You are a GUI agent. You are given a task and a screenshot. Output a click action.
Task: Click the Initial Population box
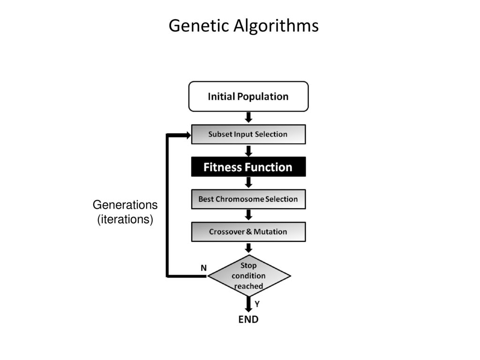point(248,97)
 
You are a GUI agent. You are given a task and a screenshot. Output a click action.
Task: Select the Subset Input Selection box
point(248,134)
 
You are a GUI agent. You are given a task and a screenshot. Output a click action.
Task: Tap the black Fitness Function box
point(248,167)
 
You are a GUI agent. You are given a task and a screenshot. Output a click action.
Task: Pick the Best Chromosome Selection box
point(248,199)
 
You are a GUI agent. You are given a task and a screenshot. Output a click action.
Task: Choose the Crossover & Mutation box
point(248,232)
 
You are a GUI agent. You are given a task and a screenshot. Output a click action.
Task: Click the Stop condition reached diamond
point(249,276)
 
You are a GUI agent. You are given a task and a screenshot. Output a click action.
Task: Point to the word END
point(248,319)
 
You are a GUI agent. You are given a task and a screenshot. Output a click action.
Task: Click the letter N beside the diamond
point(203,268)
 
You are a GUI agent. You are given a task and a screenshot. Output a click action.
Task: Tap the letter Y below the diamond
point(257,304)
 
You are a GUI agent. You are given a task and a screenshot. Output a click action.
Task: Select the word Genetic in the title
point(199,25)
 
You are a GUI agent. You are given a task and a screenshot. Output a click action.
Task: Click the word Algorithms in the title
point(276,25)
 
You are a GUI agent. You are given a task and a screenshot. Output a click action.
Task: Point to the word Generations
point(125,205)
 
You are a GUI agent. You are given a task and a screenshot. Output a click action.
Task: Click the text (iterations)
point(125,219)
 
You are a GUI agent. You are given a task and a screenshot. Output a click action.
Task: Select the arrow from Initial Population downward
point(248,117)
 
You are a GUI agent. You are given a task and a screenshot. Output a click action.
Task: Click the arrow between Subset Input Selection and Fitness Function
point(248,150)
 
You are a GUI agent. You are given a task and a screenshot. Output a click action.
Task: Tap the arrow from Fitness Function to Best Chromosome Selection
point(248,182)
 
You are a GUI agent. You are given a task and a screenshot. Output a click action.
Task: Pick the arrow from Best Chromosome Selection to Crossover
point(248,215)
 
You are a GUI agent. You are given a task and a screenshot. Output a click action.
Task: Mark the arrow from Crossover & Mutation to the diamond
point(248,248)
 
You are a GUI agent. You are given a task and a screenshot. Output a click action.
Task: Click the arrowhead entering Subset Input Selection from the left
point(188,135)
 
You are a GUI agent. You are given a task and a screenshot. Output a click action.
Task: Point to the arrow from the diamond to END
point(248,304)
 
